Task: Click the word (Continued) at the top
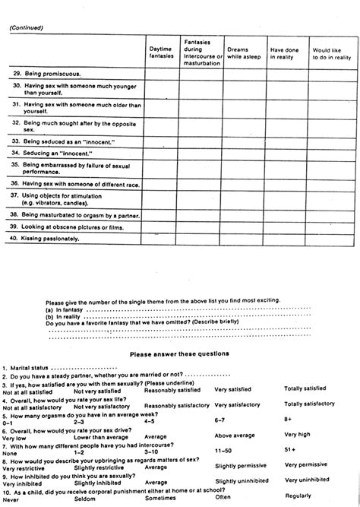[x=27, y=27]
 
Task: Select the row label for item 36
[x=73, y=183]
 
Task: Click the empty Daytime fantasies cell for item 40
[x=160, y=239]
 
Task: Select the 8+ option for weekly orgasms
[x=289, y=419]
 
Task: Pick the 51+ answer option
[x=290, y=449]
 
